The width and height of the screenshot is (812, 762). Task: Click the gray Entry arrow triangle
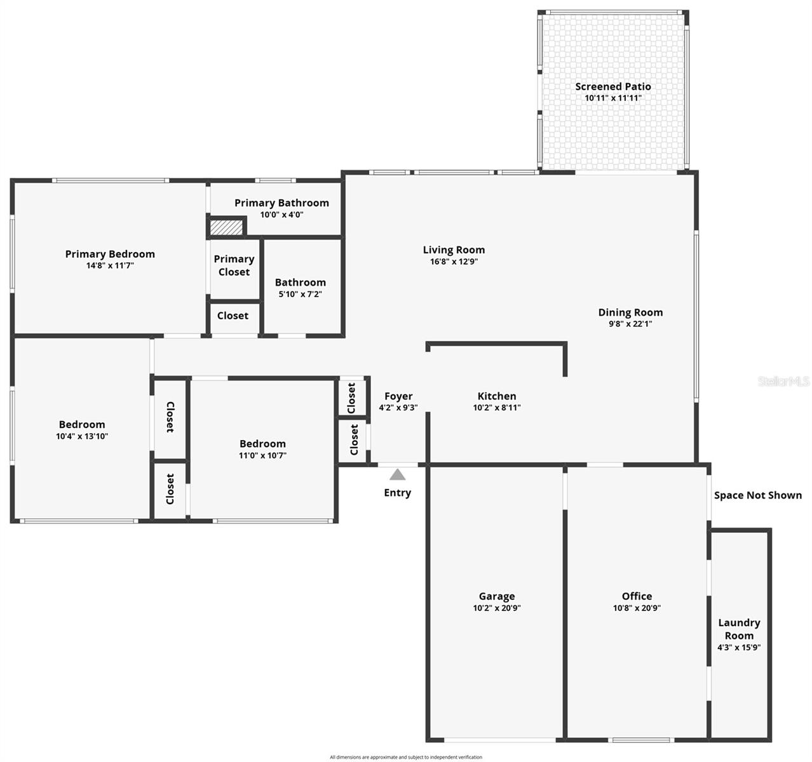coord(397,474)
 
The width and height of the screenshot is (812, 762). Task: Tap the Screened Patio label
coord(612,86)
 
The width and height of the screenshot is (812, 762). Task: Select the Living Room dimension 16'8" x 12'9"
coord(453,262)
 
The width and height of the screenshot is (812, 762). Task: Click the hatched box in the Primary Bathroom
coord(226,227)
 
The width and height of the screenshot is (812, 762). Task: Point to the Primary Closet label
coord(234,265)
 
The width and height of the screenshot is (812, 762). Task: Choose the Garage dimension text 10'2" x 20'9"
coord(496,608)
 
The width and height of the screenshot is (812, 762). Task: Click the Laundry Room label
coord(739,629)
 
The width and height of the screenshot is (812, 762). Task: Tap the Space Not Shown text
coord(757,495)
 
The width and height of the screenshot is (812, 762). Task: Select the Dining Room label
coord(630,312)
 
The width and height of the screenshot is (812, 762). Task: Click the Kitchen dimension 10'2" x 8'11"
coord(496,408)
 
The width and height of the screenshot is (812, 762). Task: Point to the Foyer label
coord(398,396)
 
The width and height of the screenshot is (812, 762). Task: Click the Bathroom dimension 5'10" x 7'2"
coord(300,294)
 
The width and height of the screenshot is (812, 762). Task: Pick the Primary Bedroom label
coord(110,254)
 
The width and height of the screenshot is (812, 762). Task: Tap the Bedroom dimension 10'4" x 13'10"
coord(81,436)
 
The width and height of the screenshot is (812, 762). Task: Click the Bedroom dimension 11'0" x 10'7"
coord(262,455)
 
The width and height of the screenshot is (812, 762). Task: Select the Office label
coord(637,596)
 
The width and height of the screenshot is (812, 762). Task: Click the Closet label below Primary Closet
coord(233,316)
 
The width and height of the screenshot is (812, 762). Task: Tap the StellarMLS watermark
coord(784,382)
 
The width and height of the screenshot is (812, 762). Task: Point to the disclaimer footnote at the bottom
coord(405,757)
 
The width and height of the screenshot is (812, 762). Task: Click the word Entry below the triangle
coord(397,493)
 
